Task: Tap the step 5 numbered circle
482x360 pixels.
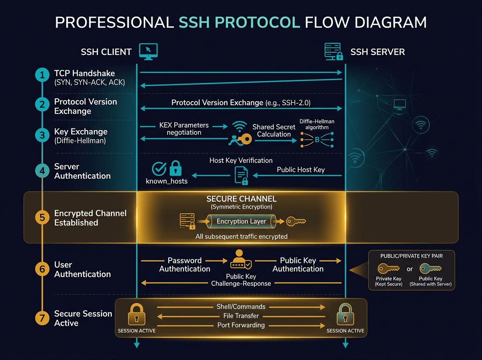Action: coord(42,218)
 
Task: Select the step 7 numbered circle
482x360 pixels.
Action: coord(42,318)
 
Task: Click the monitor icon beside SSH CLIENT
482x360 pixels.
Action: coord(148,51)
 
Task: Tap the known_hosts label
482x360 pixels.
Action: coord(167,181)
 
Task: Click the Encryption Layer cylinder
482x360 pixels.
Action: coord(241,221)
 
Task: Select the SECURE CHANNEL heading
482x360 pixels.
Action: coord(241,199)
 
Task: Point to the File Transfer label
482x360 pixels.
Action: coord(241,316)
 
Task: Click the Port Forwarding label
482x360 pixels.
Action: coord(241,325)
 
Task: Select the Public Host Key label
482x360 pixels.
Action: coord(300,170)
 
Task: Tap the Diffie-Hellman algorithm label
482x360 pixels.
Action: coord(317,124)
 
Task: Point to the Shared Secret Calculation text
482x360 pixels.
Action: coord(274,131)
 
